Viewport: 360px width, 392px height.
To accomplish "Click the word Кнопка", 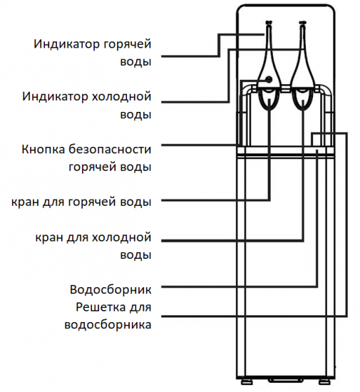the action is click(x=43, y=149).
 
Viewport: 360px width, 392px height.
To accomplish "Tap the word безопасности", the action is click(x=110, y=149).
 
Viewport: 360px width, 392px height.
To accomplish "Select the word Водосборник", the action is click(x=110, y=289).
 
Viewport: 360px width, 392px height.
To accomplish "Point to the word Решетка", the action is click(x=101, y=307).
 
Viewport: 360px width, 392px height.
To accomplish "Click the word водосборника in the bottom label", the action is click(x=108, y=325).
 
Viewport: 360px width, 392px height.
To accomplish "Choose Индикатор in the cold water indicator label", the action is click(x=55, y=96).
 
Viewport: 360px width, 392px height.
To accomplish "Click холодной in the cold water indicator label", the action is click(x=122, y=96).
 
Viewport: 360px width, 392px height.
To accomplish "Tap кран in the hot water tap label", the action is click(x=25, y=202).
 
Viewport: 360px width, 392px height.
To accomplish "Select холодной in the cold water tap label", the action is click(x=122, y=237).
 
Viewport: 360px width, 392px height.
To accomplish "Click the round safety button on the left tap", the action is click(x=269, y=80).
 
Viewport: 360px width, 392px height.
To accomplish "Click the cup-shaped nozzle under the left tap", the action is click(x=269, y=100).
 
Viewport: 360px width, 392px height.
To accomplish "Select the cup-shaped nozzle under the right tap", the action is click(x=303, y=100).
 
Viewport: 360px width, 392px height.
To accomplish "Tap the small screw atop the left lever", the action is click(x=269, y=23).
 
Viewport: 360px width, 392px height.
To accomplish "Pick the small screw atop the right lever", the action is click(x=303, y=23).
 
